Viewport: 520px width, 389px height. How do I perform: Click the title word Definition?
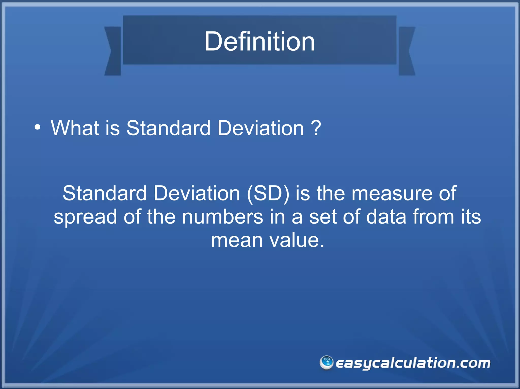(259, 41)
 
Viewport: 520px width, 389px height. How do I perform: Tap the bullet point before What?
(37, 127)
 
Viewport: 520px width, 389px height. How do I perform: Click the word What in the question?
(75, 128)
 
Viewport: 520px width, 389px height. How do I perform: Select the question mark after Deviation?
(316, 128)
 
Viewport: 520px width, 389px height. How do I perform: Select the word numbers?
(222, 217)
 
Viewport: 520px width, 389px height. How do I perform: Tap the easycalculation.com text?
(413, 363)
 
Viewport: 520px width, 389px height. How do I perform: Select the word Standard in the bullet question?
(168, 128)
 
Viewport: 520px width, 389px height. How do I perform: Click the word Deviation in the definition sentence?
(197, 193)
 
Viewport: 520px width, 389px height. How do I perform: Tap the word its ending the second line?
(471, 217)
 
